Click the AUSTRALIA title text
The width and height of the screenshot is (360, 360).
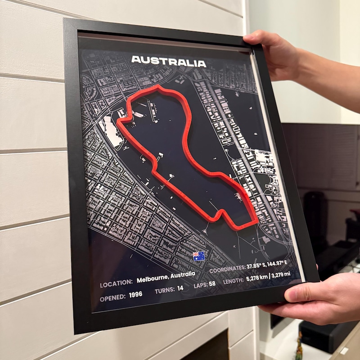pos(169,62)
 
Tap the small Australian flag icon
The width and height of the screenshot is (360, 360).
pos(198,256)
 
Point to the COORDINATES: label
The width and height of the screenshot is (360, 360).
pos(227,270)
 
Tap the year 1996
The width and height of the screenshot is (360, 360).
pos(135,295)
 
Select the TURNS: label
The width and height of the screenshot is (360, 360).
pos(165,291)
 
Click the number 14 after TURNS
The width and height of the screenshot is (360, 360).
pos(180,288)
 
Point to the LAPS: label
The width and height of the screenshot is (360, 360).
pos(200,285)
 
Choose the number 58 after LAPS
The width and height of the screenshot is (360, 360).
pos(212,284)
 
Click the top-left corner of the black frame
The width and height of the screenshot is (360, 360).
pos(66,20)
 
